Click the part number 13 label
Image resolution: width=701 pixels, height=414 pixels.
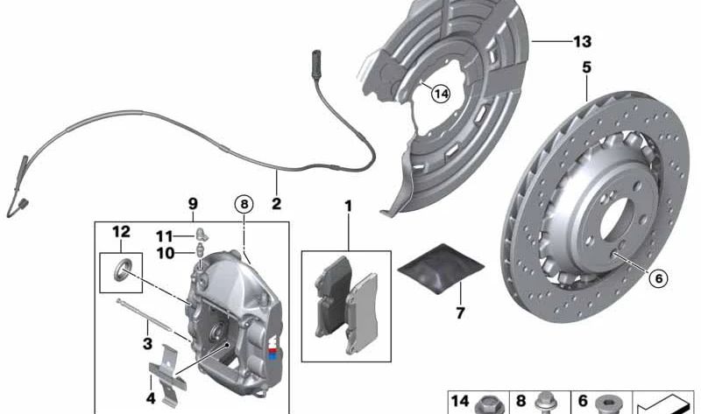tap(583, 41)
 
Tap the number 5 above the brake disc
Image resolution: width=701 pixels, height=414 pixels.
tap(585, 66)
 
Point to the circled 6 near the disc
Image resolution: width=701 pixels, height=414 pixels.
tap(658, 278)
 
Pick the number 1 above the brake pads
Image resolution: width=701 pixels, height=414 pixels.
tap(348, 207)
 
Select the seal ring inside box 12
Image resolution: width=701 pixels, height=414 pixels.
tap(122, 270)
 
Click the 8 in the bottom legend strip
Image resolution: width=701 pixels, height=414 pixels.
tap(520, 402)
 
